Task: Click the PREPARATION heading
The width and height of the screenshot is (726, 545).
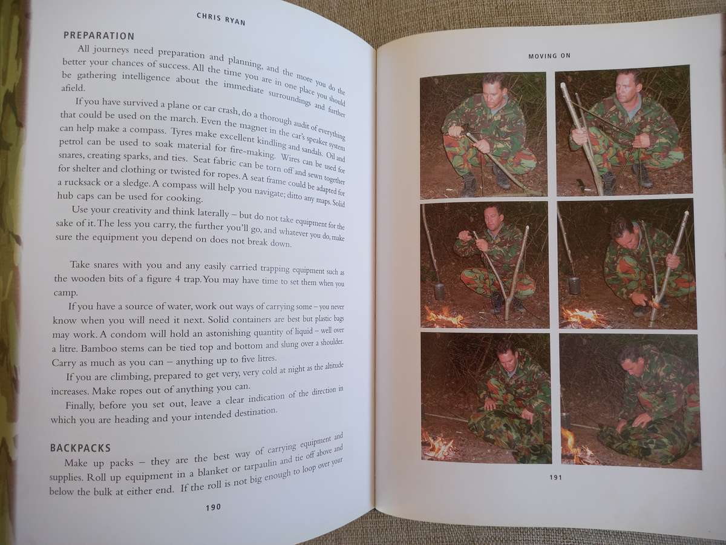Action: [x=99, y=35]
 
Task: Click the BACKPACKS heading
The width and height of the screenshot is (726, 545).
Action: [x=80, y=448]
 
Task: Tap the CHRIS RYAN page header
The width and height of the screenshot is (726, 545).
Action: [x=221, y=19]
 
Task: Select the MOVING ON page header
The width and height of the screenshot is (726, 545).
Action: [x=549, y=56]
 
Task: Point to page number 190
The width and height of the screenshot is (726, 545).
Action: [x=214, y=507]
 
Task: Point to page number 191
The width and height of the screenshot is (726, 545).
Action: [x=555, y=477]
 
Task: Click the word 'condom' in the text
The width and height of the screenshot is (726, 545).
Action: [x=127, y=334]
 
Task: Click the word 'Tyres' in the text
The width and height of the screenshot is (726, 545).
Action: [x=179, y=131]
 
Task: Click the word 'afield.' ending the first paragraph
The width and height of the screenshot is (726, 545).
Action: [x=73, y=88]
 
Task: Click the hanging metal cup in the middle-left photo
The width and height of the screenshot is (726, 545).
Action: [x=439, y=291]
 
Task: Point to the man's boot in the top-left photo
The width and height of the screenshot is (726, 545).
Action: [x=469, y=186]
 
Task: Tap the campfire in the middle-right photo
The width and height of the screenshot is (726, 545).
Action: [x=583, y=317]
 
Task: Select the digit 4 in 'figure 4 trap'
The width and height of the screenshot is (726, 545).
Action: [x=177, y=279]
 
